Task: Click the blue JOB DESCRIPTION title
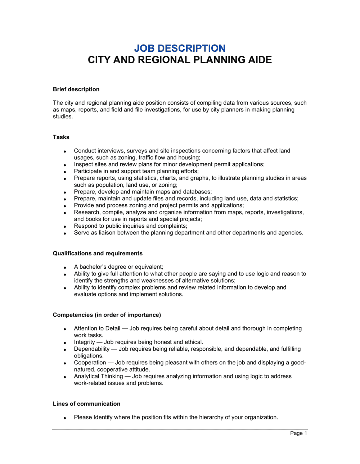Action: [x=180, y=48]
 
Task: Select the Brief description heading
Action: [x=76, y=89]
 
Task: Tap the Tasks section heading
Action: [x=61, y=137]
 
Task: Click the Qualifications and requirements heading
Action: [x=98, y=253]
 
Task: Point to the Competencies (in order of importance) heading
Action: [x=107, y=315]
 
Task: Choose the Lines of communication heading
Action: [x=86, y=404]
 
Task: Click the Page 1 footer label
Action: [x=298, y=433]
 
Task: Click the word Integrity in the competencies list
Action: [x=84, y=342]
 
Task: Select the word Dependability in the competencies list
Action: [x=91, y=349]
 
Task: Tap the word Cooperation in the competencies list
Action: [x=90, y=363]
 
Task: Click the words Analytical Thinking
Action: [x=98, y=376]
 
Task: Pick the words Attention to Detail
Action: [x=97, y=328]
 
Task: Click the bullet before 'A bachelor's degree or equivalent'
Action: [x=65, y=268]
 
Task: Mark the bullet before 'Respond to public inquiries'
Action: [x=65, y=227]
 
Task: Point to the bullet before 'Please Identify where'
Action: [x=65, y=418]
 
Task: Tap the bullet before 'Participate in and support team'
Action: [x=65, y=172]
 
